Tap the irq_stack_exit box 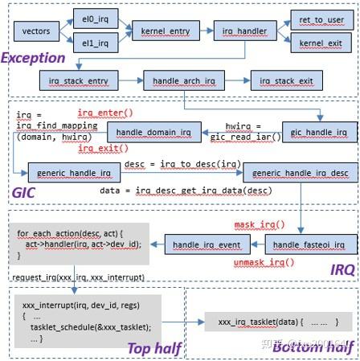point(286,80)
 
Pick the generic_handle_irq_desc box point(300,172)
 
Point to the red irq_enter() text point(102,112)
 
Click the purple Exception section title point(33,58)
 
